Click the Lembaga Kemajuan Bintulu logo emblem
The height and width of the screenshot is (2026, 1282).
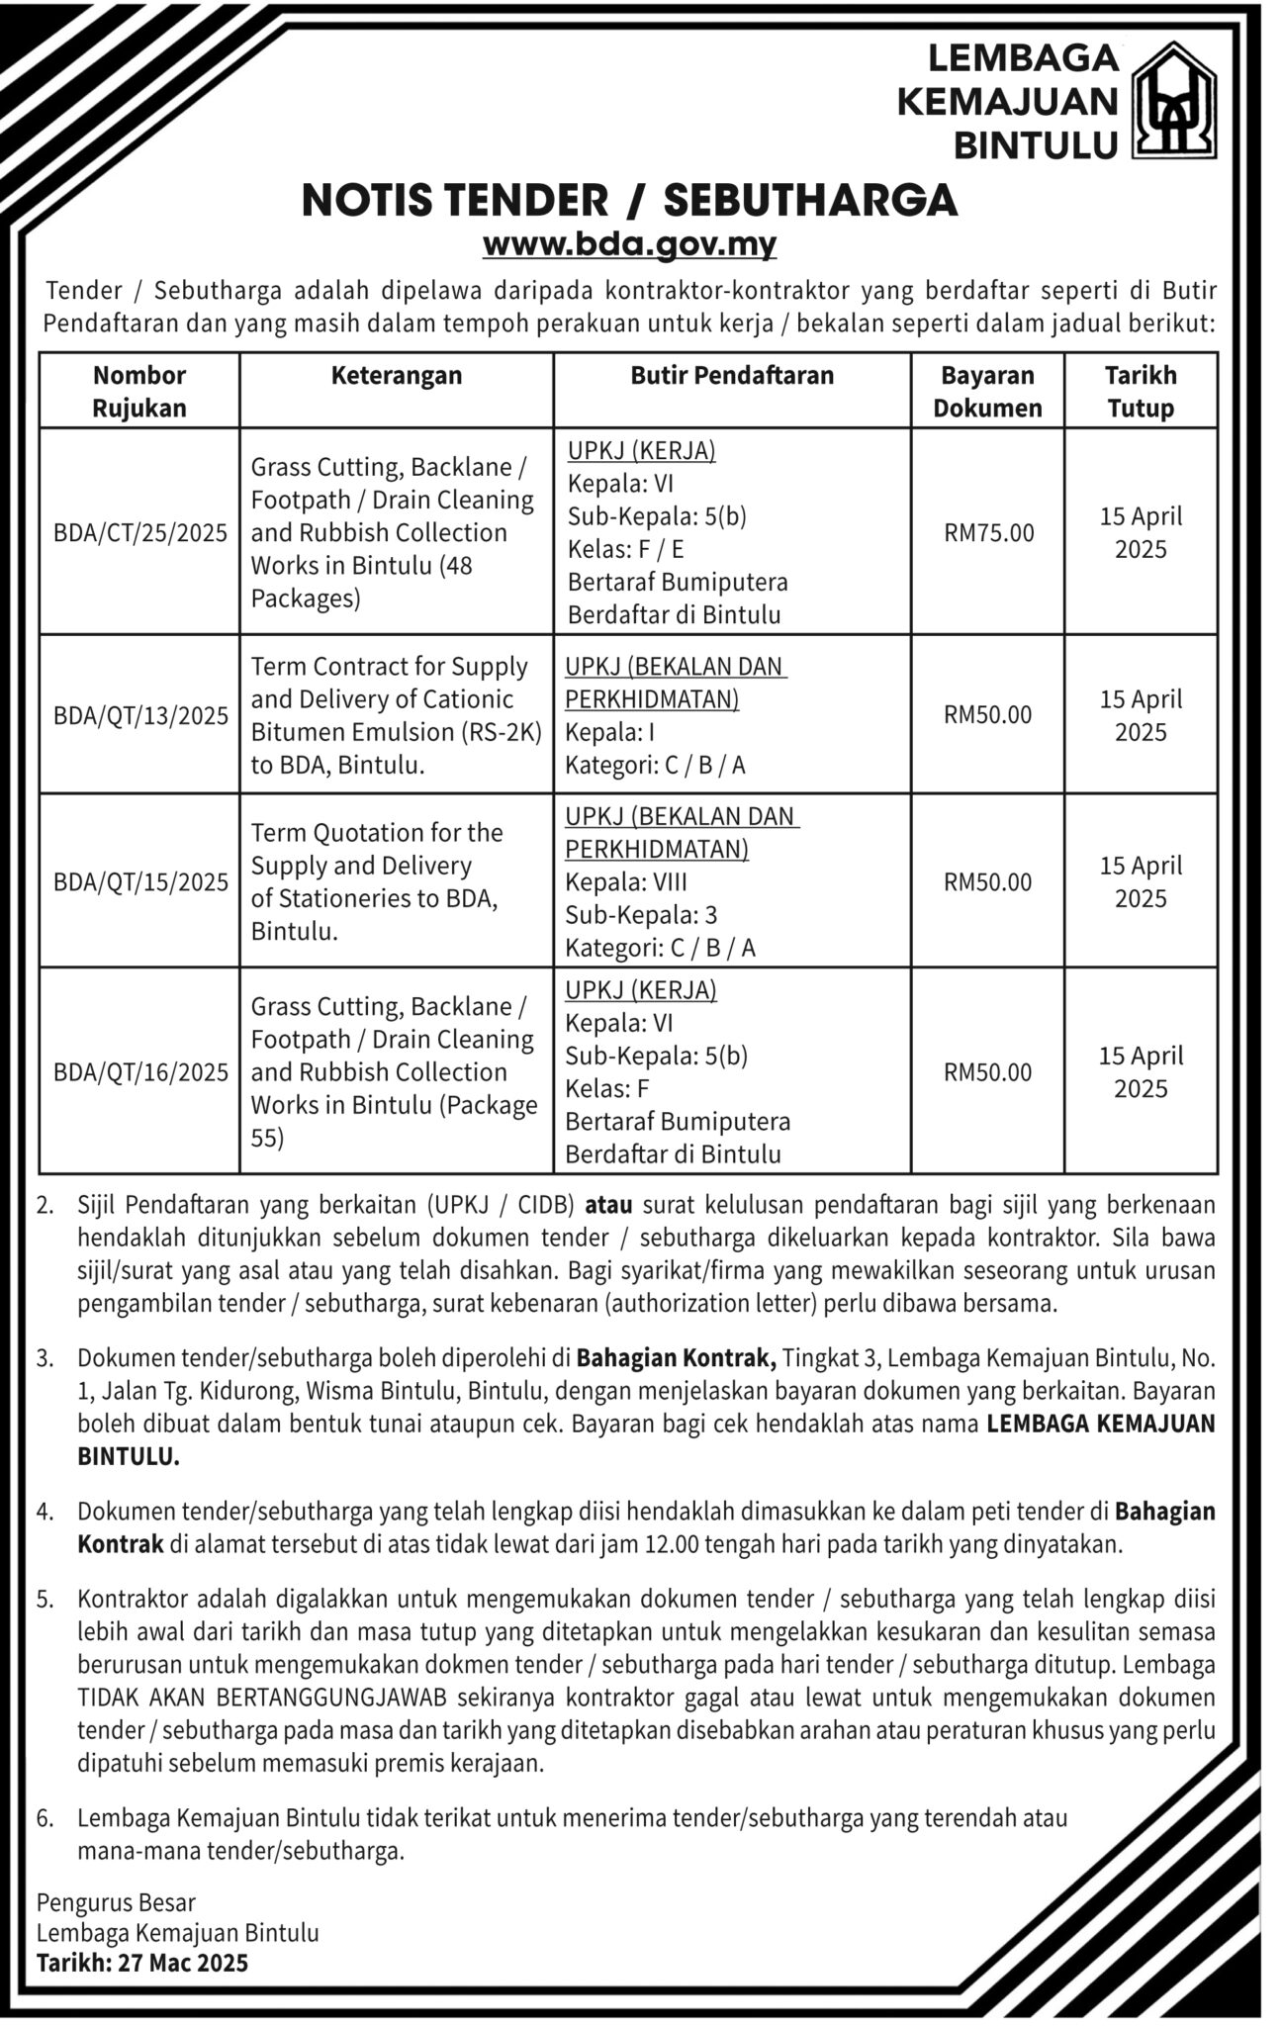(x=1173, y=100)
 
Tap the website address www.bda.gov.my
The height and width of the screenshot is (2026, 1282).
(x=629, y=243)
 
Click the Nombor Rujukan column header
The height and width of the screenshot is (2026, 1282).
(x=139, y=392)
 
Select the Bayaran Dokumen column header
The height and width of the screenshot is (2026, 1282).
(x=987, y=392)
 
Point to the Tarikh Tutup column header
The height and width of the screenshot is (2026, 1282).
(x=1141, y=392)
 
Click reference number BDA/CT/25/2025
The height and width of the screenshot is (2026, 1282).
(x=140, y=533)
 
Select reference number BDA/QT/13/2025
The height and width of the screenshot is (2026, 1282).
(x=140, y=716)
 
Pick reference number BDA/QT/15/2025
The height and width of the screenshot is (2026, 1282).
(x=140, y=882)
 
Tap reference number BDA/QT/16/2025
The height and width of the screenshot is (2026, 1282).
(x=140, y=1072)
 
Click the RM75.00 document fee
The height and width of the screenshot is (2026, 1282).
(x=988, y=533)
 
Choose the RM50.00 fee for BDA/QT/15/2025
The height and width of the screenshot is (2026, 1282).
(x=987, y=882)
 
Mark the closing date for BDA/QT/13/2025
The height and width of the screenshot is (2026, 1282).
(x=1141, y=716)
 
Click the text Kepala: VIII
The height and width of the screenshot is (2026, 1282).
(x=625, y=882)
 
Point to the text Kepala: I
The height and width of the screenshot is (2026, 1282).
(x=609, y=733)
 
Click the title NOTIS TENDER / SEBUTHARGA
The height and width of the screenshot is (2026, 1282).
(x=629, y=201)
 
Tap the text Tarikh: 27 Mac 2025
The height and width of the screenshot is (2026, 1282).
(x=142, y=1964)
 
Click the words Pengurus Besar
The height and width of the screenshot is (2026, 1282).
(x=117, y=1902)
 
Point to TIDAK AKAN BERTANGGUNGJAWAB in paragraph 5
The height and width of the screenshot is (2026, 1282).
(x=263, y=1698)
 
